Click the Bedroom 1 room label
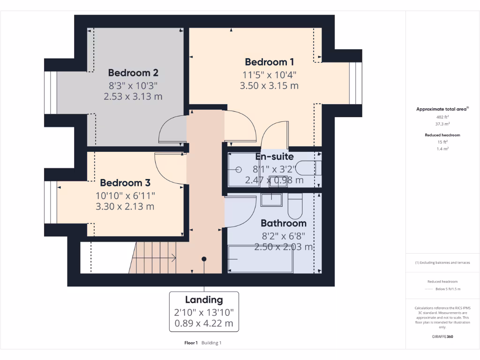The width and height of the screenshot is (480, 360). click(269, 62)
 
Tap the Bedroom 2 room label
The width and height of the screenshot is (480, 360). click(133, 73)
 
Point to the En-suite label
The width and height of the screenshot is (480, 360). click(274, 157)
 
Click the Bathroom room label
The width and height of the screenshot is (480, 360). click(283, 223)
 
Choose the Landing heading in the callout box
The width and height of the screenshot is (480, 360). click(204, 300)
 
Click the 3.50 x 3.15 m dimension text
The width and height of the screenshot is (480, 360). click(269, 86)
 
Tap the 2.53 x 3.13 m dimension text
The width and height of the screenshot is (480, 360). click(133, 97)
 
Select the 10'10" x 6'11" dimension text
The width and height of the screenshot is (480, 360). click(125, 195)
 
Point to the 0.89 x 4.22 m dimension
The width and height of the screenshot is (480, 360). click(204, 323)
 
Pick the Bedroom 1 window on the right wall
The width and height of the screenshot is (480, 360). click(356, 83)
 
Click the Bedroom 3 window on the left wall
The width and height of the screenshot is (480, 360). click(51, 204)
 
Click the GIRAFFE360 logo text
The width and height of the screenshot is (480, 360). click(442, 337)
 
